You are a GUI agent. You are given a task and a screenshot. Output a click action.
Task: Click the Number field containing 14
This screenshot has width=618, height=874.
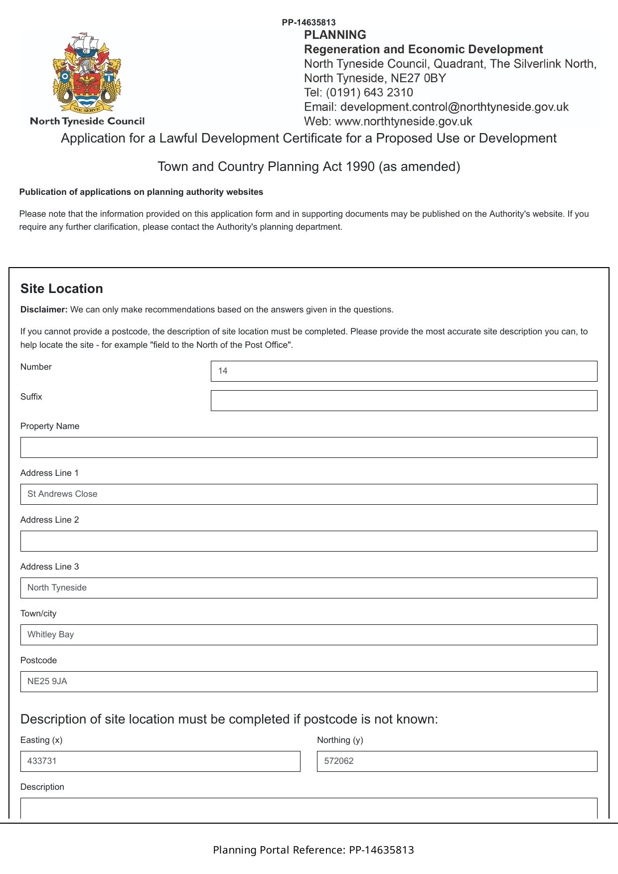coord(404,371)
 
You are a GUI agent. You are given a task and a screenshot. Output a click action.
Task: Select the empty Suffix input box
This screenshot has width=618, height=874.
coord(404,401)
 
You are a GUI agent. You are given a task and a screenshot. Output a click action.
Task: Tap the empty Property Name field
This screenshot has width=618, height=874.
coord(309,447)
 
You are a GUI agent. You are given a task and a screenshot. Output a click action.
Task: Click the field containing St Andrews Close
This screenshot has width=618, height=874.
coord(309,494)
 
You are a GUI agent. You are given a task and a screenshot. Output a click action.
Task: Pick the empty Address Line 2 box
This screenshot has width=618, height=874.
coord(309,541)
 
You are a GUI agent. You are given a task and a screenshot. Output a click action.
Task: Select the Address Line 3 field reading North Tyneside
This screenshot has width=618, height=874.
coord(309,588)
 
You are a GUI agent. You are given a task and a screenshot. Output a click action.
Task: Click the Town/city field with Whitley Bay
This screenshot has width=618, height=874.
coord(309,635)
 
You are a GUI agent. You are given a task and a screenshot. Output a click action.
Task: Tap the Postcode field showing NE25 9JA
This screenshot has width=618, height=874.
coord(309,682)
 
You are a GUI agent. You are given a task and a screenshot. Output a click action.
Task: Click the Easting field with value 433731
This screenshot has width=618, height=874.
coord(160,761)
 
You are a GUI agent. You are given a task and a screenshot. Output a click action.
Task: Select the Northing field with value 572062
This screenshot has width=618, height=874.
coord(457,761)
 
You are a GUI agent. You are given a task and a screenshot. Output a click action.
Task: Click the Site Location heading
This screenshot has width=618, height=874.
coord(62,289)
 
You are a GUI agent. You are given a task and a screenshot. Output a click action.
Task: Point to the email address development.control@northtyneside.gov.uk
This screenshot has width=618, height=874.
coord(454,107)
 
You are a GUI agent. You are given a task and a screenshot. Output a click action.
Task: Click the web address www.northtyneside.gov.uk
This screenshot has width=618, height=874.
coord(403,122)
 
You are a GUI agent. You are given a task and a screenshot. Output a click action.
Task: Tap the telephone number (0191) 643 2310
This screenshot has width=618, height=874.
coord(369,93)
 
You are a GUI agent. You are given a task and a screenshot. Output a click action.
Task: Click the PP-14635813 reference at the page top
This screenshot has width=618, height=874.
coord(309,22)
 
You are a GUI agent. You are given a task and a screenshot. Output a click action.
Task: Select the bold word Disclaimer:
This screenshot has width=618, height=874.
coord(44,309)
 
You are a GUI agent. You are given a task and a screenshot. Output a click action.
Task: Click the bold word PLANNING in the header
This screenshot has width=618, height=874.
coord(335,35)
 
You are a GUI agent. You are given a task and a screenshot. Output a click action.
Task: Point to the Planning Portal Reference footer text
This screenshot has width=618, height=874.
coord(313,850)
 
